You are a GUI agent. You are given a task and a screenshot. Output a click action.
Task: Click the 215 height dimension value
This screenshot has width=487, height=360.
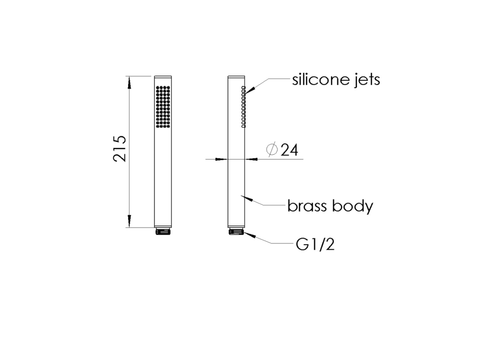click(x=120, y=149)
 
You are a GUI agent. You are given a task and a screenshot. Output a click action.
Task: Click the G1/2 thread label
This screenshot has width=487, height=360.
click(x=315, y=245)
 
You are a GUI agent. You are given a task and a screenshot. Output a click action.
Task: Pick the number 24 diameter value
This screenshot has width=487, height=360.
click(x=290, y=150)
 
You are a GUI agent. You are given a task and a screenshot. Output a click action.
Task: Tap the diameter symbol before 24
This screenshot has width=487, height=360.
click(x=272, y=150)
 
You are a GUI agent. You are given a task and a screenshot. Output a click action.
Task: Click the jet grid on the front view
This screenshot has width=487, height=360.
click(x=163, y=107)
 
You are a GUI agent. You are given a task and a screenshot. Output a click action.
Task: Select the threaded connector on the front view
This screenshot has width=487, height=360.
click(x=163, y=231)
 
